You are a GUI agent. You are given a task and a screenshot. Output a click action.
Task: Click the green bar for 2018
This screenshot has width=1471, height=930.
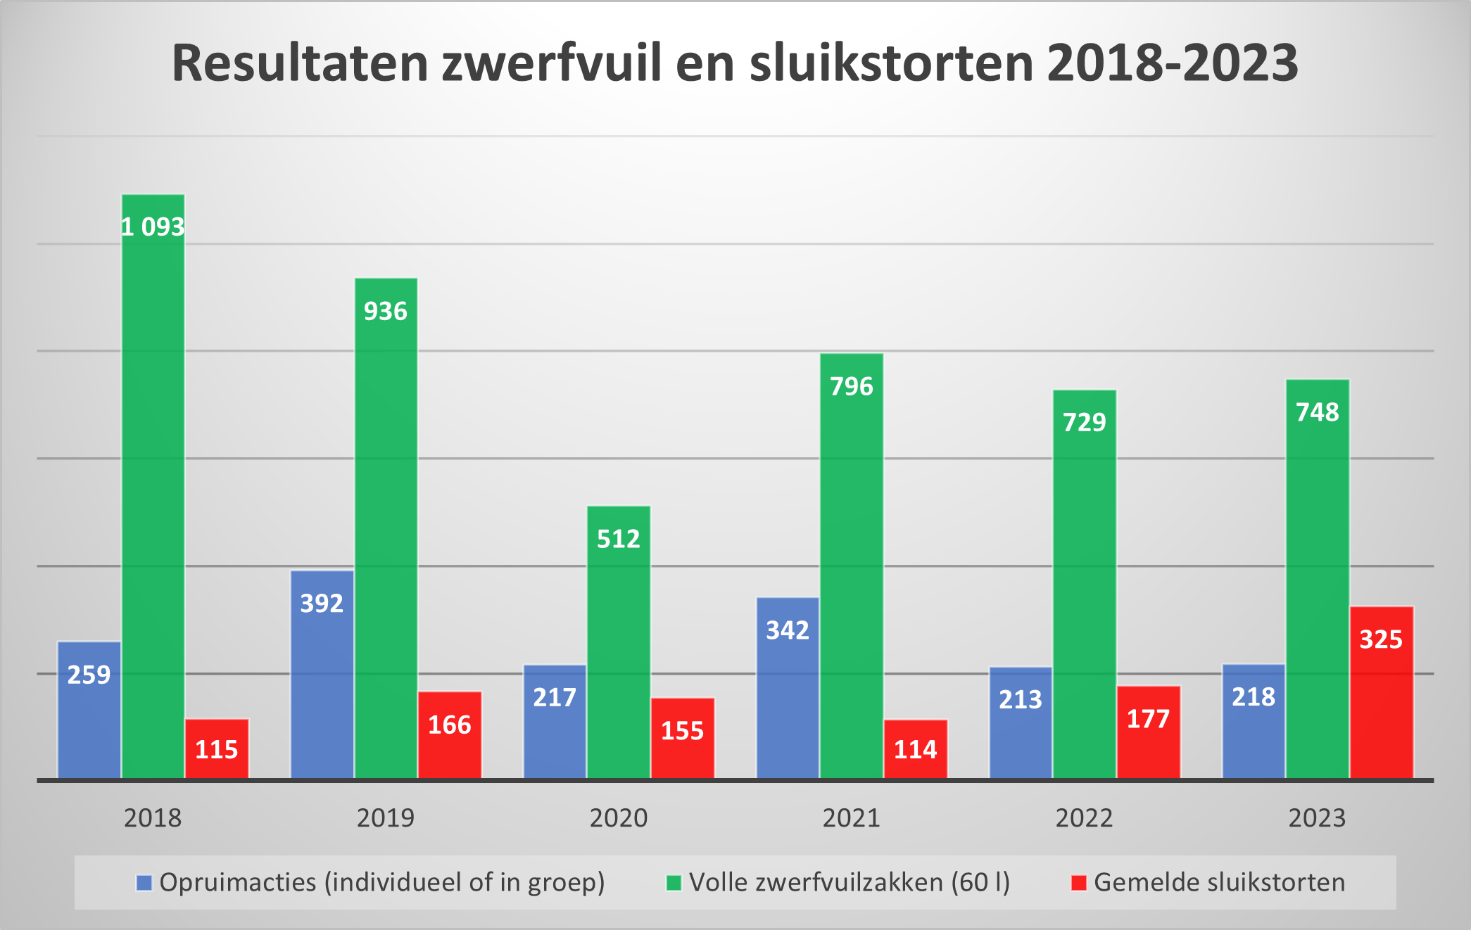click(x=153, y=492)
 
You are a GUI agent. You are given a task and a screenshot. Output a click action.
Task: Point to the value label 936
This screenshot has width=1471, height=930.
click(x=385, y=311)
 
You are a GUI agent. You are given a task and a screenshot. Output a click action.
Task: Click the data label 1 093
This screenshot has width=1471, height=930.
click(x=153, y=227)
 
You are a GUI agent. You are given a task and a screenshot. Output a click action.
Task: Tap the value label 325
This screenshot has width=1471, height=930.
click(x=1381, y=639)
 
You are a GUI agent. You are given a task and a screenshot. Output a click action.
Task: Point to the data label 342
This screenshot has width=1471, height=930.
click(x=788, y=630)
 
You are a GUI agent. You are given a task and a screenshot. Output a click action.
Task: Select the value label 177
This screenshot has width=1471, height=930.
click(x=1148, y=719)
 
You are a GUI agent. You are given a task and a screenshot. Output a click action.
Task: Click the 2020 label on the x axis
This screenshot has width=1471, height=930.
click(x=619, y=818)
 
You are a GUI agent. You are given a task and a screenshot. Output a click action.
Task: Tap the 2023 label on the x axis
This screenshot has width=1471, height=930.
click(x=1317, y=818)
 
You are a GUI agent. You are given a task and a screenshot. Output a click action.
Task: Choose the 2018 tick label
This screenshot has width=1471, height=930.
click(x=153, y=818)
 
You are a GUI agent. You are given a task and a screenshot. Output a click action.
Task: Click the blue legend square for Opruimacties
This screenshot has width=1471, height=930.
click(x=144, y=883)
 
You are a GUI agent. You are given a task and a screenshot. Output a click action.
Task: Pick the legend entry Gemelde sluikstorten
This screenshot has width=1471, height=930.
click(x=1219, y=882)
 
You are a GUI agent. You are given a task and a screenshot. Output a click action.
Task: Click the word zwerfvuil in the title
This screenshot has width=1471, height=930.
click(x=552, y=63)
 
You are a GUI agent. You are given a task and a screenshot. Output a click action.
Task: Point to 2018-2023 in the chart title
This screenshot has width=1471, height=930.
click(x=1172, y=63)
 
